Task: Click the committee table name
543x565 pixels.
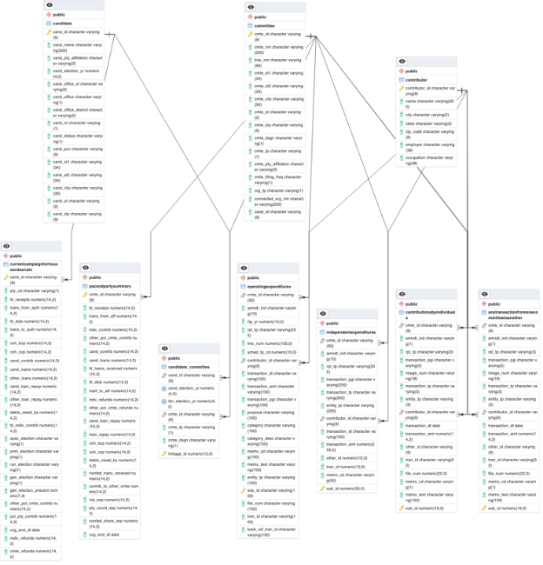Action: [x=265, y=25]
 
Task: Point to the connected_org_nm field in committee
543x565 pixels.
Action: [x=278, y=201]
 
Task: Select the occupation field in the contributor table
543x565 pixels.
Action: [x=430, y=162]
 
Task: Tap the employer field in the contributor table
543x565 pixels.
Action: [x=430, y=147]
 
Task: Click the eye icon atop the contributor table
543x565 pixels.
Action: [x=401, y=61]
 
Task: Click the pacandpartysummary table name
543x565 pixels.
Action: [x=110, y=284]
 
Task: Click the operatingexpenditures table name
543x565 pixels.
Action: [x=270, y=284]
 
